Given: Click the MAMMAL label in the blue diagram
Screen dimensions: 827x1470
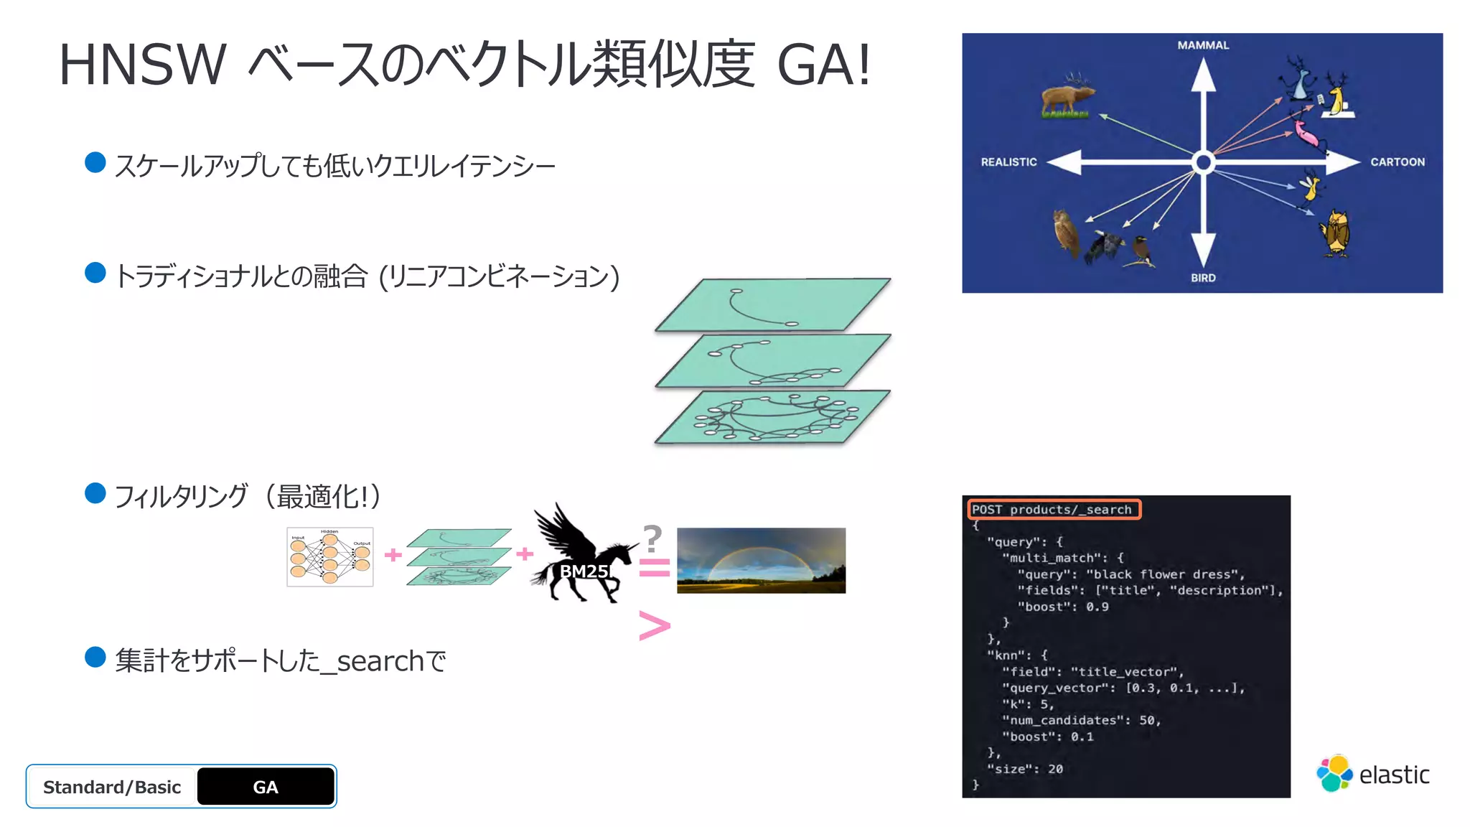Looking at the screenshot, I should [1203, 45].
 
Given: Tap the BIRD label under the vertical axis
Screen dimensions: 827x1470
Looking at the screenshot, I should [1203, 278].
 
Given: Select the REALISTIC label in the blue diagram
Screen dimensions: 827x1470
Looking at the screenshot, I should [1008, 162].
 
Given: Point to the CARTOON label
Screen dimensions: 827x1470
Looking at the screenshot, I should [1397, 162].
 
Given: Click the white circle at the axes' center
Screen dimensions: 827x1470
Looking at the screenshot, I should [1204, 162].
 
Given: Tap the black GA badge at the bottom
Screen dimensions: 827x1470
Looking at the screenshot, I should [266, 787].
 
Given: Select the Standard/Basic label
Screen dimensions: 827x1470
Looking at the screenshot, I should [112, 787].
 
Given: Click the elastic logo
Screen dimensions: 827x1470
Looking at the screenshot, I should [1372, 774].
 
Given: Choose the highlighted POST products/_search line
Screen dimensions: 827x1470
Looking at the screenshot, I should [1053, 510].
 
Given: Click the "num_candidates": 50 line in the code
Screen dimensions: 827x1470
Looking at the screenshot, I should [1081, 720].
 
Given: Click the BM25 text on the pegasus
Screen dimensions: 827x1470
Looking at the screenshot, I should [584, 571].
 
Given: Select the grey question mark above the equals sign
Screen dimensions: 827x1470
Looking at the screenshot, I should [652, 538].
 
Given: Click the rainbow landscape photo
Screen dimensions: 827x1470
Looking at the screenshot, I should [761, 561].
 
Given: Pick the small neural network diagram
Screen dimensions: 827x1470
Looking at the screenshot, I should [329, 557].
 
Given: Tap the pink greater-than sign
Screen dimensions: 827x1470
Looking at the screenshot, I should [654, 626].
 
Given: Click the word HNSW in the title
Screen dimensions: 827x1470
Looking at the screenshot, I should [142, 65].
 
